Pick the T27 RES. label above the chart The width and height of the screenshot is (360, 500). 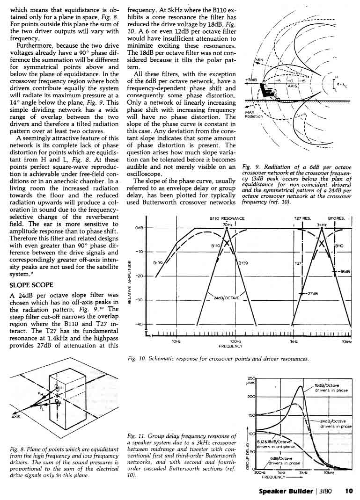coord(302,218)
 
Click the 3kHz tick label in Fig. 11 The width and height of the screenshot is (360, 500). coord(303,472)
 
